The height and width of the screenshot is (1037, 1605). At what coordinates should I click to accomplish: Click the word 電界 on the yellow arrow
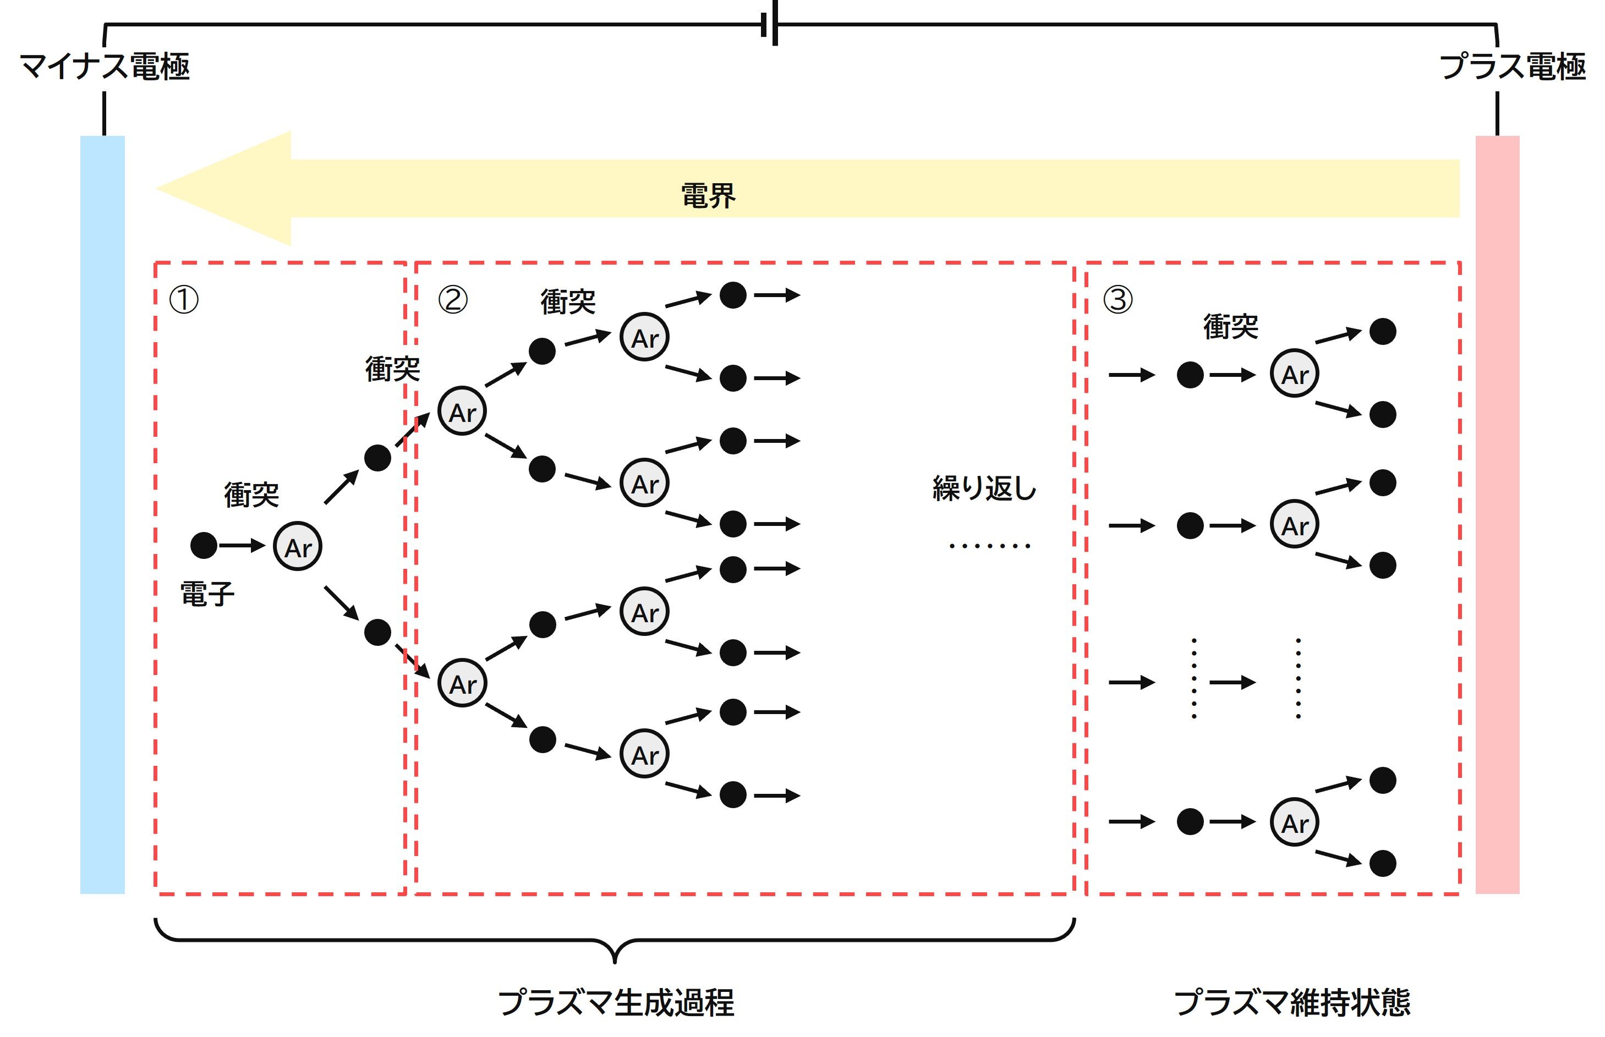708,196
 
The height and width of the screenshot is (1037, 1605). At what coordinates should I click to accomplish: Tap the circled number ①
183,300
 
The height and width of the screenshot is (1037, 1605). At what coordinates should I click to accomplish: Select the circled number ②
453,300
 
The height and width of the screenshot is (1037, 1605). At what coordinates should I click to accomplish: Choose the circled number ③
1118,300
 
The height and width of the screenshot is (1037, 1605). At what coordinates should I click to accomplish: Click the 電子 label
207,595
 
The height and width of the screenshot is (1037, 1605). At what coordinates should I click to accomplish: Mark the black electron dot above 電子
204,545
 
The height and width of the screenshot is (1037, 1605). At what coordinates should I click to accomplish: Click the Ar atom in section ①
298,547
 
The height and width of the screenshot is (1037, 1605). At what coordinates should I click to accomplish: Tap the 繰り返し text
983,488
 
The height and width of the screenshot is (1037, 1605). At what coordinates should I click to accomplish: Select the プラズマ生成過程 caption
616,1002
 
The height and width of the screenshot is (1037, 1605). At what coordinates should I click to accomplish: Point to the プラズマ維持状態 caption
1292,1002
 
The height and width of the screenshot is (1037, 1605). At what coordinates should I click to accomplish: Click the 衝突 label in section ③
1230,327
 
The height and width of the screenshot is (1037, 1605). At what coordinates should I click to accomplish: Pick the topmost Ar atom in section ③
1294,374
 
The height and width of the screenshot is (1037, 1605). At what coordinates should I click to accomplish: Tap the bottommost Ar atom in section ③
1294,822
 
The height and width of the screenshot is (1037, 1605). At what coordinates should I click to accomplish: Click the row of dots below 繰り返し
989,545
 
